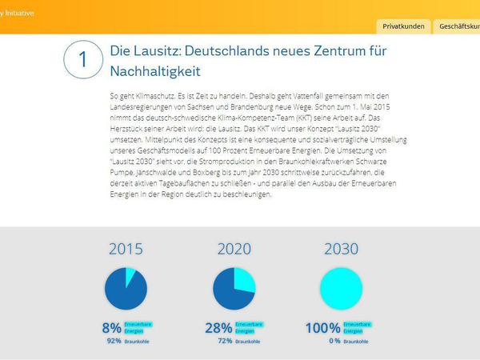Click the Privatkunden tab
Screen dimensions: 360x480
(x=403, y=26)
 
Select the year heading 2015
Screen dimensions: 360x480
(x=126, y=249)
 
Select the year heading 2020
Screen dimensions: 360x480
(x=234, y=249)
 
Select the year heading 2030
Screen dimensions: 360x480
(x=341, y=249)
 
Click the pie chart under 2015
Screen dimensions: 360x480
(x=126, y=289)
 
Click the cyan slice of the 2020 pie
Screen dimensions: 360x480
(x=243, y=281)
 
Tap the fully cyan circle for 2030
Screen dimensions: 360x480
(x=341, y=289)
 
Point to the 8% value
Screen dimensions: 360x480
(x=111, y=327)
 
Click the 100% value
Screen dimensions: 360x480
(x=322, y=327)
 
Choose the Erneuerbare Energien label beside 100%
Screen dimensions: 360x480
(x=357, y=327)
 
